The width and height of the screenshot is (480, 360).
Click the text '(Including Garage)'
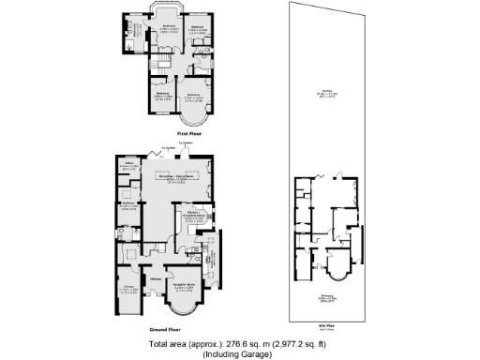click(241, 353)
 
